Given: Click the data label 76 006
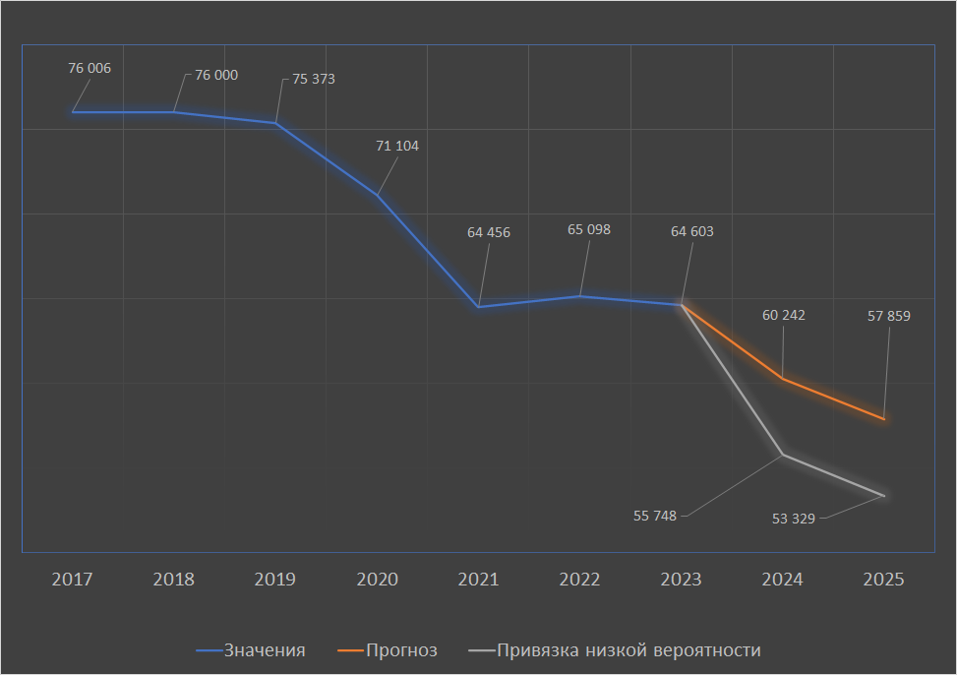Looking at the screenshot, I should pos(90,69).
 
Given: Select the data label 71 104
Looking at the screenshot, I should pos(397,146).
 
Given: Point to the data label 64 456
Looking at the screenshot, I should pos(489,232).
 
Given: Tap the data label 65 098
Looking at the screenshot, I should pos(589,229).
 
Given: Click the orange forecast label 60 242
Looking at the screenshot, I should pos(784,315).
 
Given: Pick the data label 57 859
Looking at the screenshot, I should pos(889,317).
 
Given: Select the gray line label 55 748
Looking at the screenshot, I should pos(655,516).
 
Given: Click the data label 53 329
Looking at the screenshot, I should pos(794,519).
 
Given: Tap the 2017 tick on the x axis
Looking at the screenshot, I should pos(72,580).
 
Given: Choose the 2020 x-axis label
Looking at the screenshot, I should pos(377,580).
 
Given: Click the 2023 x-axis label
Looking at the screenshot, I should pos(681,580).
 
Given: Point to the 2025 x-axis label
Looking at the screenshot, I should pos(883,580).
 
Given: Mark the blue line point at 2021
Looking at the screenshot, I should pos(478,307).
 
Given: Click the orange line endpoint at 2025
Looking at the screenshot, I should pos(884,419).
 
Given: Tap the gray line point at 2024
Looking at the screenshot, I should pos(783,455).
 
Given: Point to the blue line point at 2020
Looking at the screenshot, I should pos(377,195).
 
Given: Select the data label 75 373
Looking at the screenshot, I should pos(314,79).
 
